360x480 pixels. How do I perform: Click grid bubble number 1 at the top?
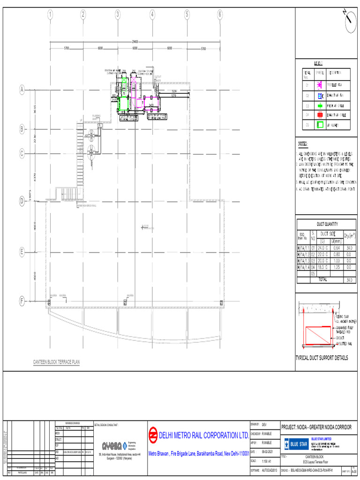[x=50, y=15]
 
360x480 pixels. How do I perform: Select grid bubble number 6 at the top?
[x=220, y=15]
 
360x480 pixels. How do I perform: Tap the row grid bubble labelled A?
[x=22, y=90]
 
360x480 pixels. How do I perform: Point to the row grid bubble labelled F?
[x=22, y=300]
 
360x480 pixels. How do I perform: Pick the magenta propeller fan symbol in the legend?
[x=320, y=85]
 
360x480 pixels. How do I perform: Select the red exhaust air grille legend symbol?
[x=320, y=114]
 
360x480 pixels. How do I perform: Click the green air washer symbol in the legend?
[x=320, y=125]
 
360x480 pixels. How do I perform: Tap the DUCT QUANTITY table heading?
[x=327, y=224]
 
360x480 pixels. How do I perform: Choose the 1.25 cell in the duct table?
[x=336, y=266]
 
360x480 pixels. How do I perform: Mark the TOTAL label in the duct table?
[x=322, y=279]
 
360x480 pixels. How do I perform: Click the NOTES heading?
[x=303, y=144]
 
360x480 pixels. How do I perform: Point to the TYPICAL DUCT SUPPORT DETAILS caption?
[x=322, y=358]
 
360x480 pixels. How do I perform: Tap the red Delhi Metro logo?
[x=153, y=435]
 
